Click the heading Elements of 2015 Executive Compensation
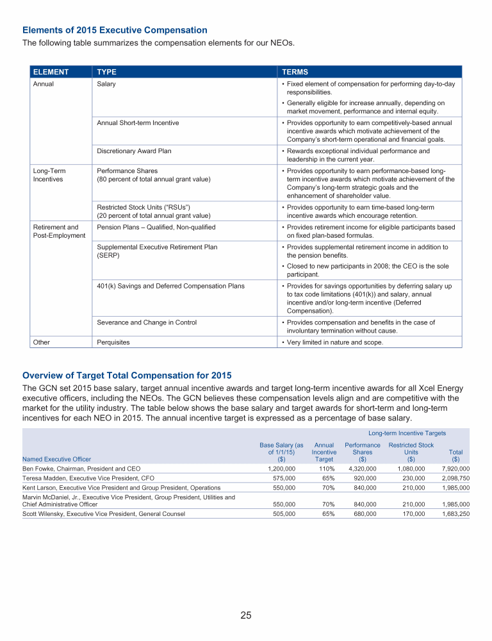tap(115, 30)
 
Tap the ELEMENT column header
tap(51, 72)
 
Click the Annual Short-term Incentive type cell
tap(138, 122)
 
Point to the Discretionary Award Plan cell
tap(134, 151)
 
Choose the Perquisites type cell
tap(113, 342)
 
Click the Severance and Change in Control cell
tap(147, 322)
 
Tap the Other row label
tap(42, 342)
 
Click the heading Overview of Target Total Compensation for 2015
tap(127, 375)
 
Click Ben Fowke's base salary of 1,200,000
tap(281, 469)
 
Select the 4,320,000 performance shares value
tap(363, 469)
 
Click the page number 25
tap(246, 615)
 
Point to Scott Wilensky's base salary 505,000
tap(283, 513)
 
